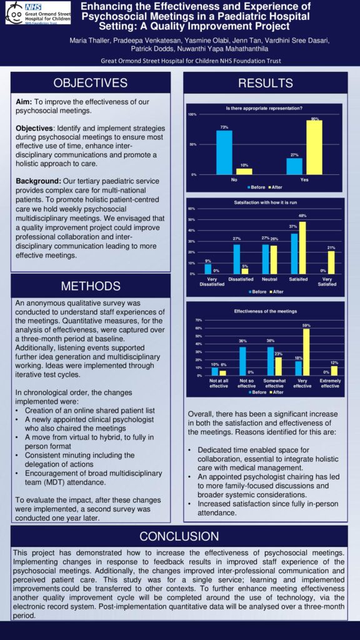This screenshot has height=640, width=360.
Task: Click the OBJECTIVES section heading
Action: pyautogui.click(x=90, y=83)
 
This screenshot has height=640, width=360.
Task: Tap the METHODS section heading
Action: pyautogui.click(x=90, y=286)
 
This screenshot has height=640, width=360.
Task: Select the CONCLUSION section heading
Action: pyautogui.click(x=179, y=536)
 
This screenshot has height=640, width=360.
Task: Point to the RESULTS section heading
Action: pyautogui.click(x=265, y=83)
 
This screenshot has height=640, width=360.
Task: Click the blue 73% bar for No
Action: pyautogui.click(x=224, y=152)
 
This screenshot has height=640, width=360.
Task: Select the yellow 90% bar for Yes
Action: pyautogui.click(x=314, y=147)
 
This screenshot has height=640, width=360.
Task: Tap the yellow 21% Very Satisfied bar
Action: pyautogui.click(x=331, y=262)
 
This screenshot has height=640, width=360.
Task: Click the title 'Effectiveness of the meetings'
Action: pyautogui.click(x=264, y=311)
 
